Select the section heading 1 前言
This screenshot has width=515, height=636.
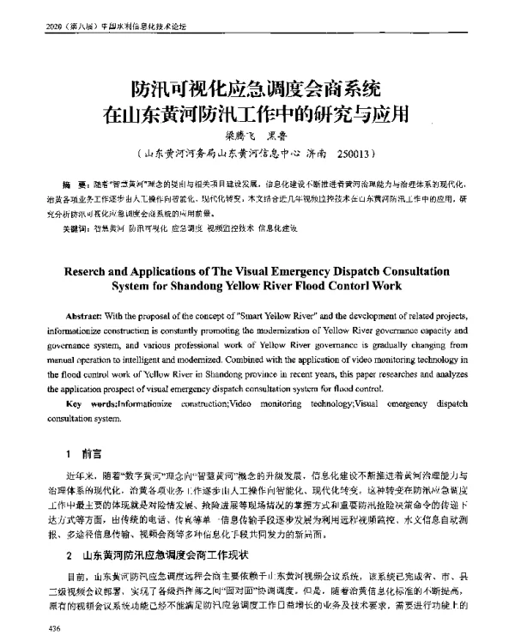click(84, 451)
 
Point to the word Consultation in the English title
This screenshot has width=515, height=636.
click(409, 269)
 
